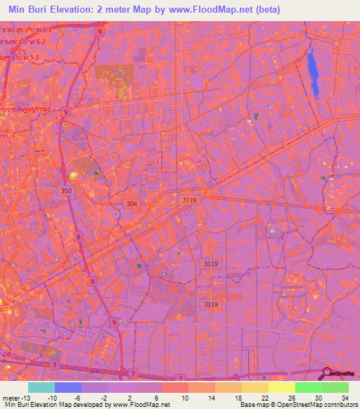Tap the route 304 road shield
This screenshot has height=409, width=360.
pos(131,204)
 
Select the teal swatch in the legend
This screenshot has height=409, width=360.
pos(41,387)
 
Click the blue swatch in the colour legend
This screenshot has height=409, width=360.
pos(68,387)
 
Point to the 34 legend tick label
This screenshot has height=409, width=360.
pos(345,397)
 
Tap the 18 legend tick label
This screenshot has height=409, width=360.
pos(238,397)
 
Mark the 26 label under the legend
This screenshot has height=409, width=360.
pos(291,397)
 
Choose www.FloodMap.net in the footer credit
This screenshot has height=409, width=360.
pos(140,405)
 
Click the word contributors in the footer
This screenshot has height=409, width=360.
pos(339,405)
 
